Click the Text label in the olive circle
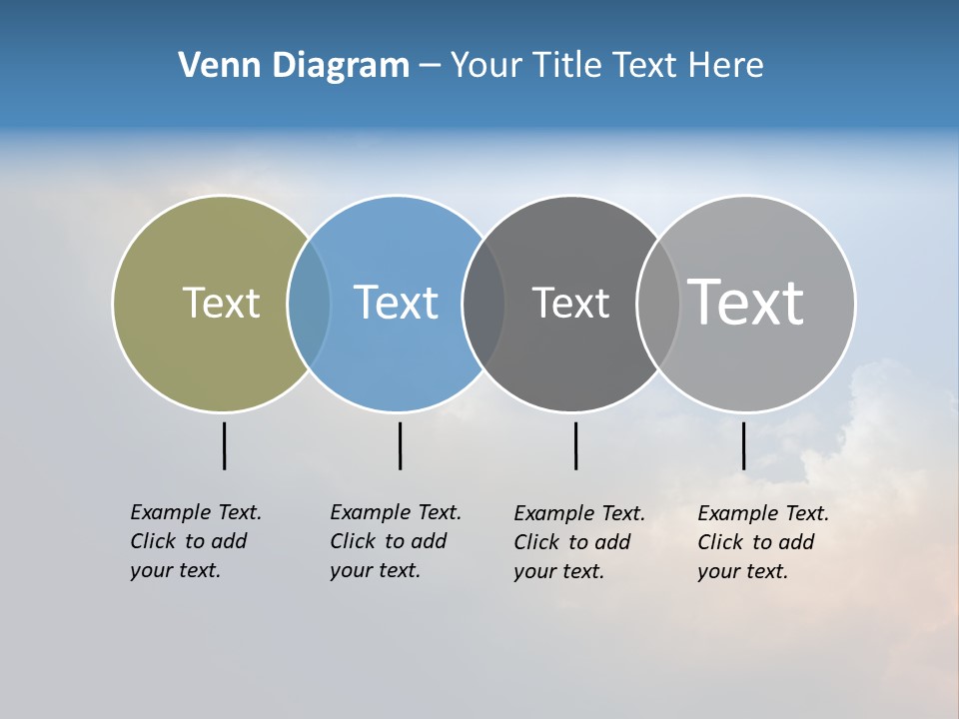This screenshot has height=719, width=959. tap(221, 303)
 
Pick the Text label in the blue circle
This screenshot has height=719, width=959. tap(396, 303)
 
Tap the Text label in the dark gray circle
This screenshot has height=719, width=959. tap(570, 303)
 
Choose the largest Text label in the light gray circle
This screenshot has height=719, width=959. tap(746, 303)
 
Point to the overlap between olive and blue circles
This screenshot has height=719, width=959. tap(309, 304)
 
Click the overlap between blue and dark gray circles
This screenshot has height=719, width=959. tap(483, 304)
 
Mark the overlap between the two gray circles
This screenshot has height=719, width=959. tap(658, 304)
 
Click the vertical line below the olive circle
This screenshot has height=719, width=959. tap(224, 445)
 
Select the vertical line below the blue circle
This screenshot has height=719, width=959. tap(400, 445)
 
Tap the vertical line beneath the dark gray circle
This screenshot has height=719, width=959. tap(575, 445)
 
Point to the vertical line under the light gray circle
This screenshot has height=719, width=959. tap(743, 445)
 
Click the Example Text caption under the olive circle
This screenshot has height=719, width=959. tap(196, 541)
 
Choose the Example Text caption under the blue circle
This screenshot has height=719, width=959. tap(396, 541)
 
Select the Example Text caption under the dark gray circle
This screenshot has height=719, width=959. tap(579, 542)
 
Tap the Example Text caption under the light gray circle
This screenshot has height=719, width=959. tap(763, 542)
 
